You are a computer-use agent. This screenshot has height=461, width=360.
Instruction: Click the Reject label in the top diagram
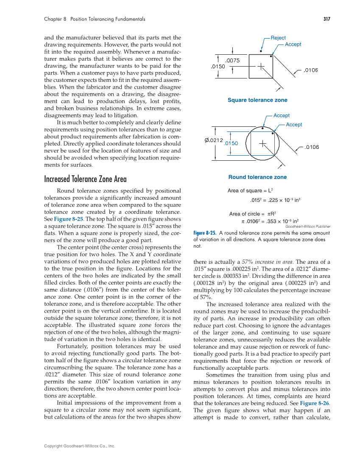click(x=278, y=38)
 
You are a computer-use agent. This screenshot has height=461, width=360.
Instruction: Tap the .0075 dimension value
click(x=232, y=61)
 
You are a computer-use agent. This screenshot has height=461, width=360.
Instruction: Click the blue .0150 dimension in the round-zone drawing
click(x=231, y=143)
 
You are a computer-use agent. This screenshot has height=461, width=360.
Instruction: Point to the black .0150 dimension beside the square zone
click(x=218, y=67)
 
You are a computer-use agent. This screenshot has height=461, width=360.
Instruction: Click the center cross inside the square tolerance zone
click(x=261, y=66)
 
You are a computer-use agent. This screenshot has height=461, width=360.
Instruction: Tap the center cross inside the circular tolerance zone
click(x=263, y=143)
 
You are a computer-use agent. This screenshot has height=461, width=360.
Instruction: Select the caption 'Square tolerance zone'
click(x=257, y=100)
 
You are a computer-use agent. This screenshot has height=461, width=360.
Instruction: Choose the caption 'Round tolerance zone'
click(x=257, y=177)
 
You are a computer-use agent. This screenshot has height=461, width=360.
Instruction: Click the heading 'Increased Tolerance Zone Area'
click(x=85, y=179)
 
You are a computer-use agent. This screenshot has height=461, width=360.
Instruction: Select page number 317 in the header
click(x=326, y=19)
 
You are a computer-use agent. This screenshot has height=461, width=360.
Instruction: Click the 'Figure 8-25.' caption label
click(x=205, y=233)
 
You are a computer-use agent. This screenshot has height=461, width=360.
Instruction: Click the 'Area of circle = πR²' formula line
click(x=253, y=214)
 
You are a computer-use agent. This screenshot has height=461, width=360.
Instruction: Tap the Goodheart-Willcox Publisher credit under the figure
click(x=308, y=226)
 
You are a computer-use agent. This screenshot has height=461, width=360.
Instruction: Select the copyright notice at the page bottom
click(x=80, y=446)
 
